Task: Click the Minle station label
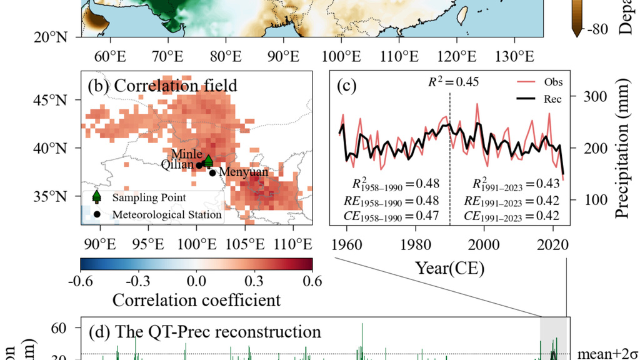click(x=186, y=154)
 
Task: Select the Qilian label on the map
click(x=177, y=165)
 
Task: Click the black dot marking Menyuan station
click(x=212, y=173)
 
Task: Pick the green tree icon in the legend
click(x=96, y=197)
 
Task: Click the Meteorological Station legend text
click(x=167, y=214)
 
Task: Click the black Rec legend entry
click(x=537, y=99)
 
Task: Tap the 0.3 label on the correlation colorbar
click(x=254, y=279)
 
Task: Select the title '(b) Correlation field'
click(x=162, y=84)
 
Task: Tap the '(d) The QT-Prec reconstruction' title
click(x=204, y=331)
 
